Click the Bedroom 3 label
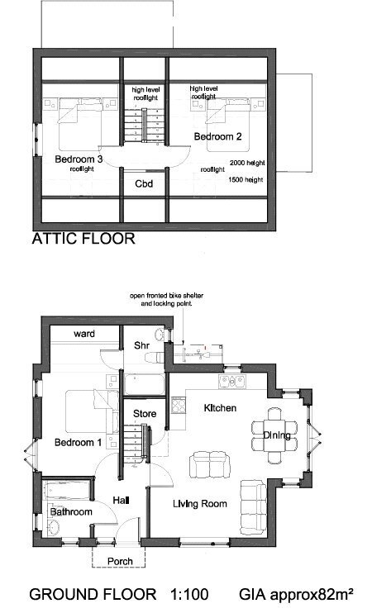pyautogui.click(x=79, y=159)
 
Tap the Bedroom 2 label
pyautogui.click(x=217, y=136)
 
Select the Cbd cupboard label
pyautogui.click(x=144, y=183)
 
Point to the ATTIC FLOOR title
pyautogui.click(x=83, y=239)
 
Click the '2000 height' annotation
pyautogui.click(x=247, y=163)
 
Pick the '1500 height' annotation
pyautogui.click(x=246, y=180)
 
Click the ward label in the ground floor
pyautogui.click(x=84, y=334)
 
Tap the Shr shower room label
pyautogui.click(x=141, y=345)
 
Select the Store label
pyautogui.click(x=145, y=414)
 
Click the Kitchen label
pyautogui.click(x=220, y=408)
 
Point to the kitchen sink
pyautogui.click(x=231, y=381)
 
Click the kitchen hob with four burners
pyautogui.click(x=179, y=405)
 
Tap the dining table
pyautogui.click(x=276, y=435)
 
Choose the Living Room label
pyautogui.click(x=200, y=504)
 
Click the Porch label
pyautogui.click(x=120, y=561)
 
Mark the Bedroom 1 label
pyautogui.click(x=78, y=442)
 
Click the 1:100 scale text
pyautogui.click(x=189, y=594)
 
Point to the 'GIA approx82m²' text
pyautogui.click(x=297, y=595)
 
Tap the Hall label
pyautogui.click(x=121, y=500)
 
